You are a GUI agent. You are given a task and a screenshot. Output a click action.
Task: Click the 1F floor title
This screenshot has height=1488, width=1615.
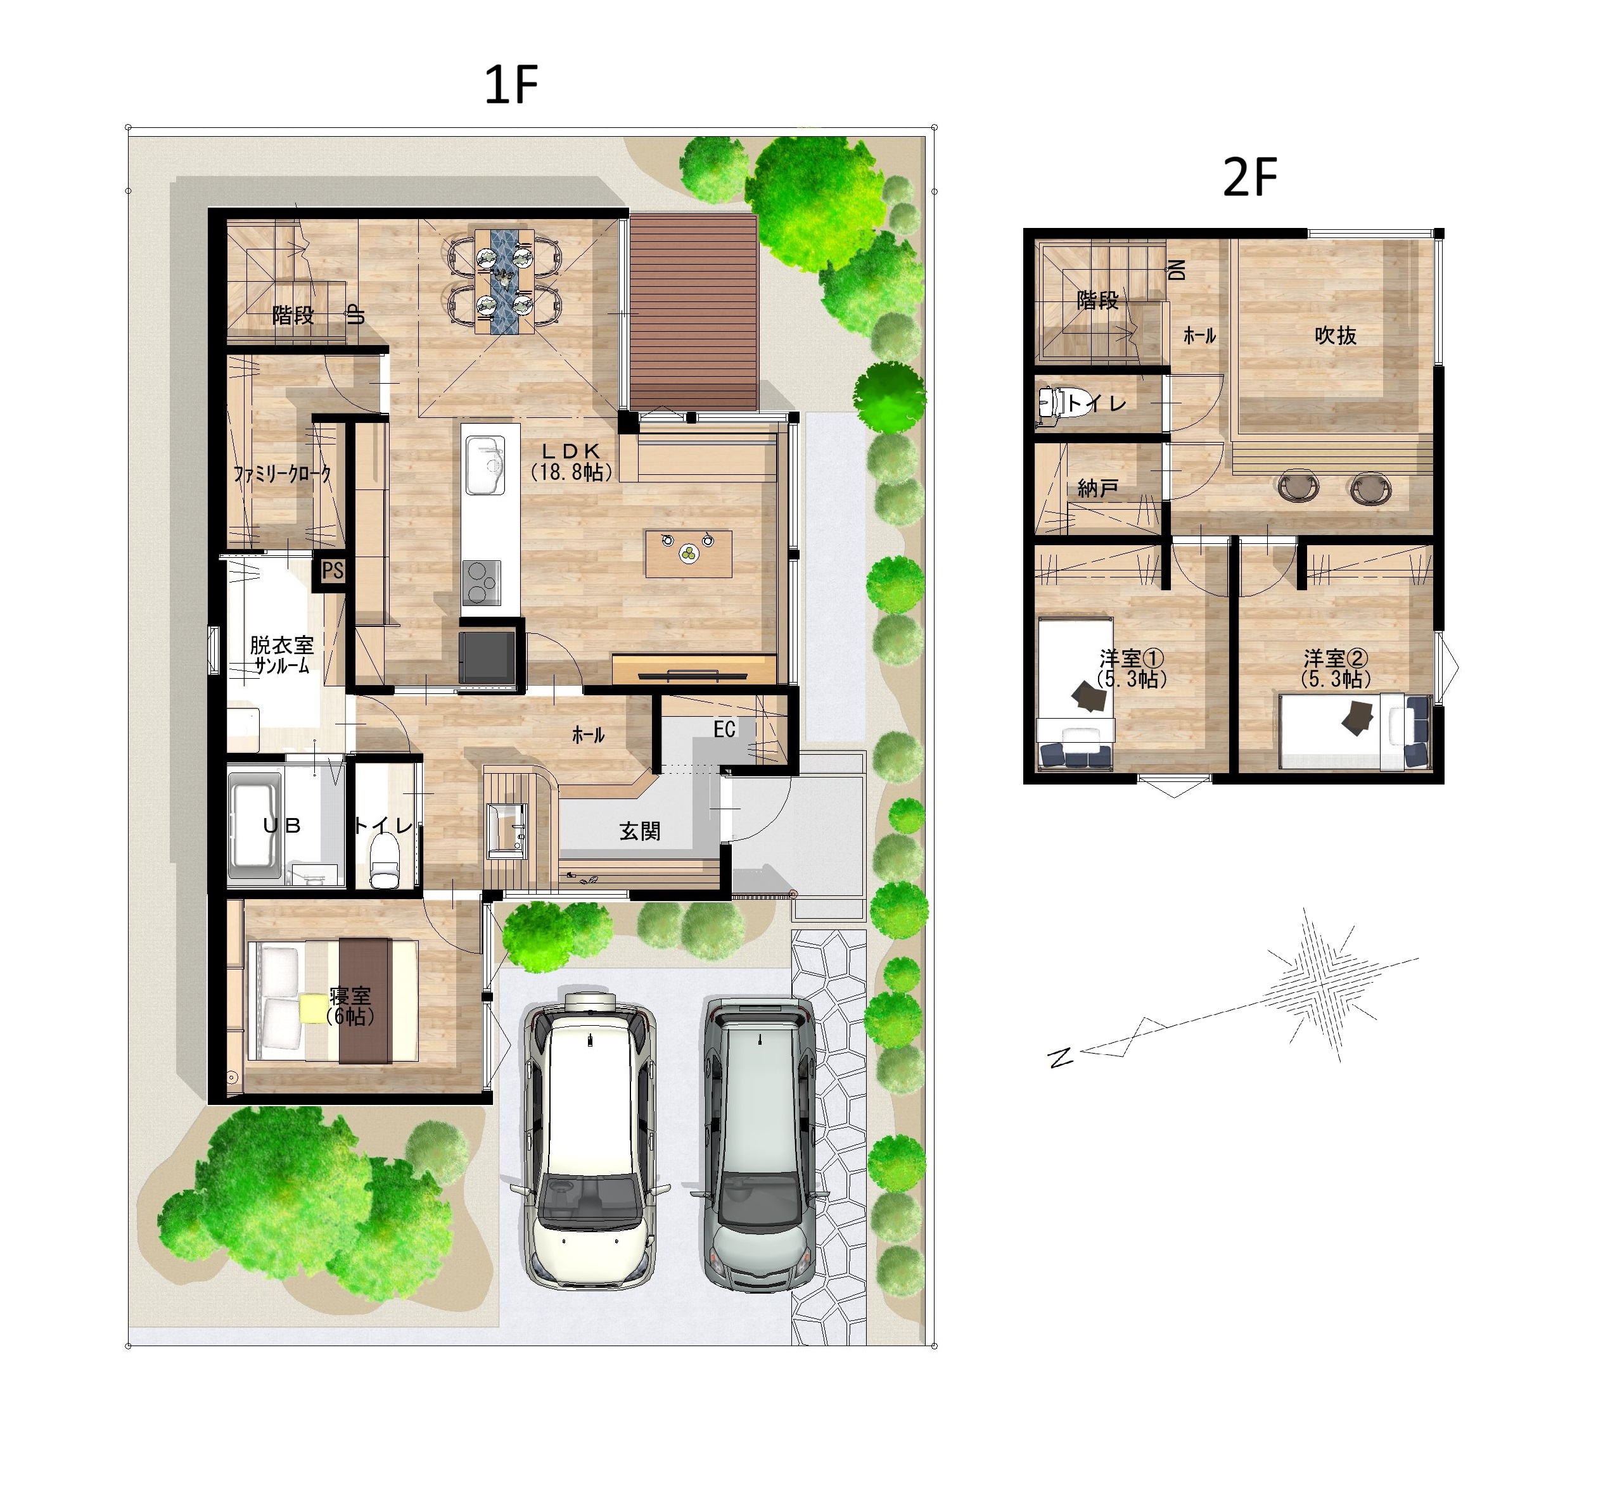click(511, 85)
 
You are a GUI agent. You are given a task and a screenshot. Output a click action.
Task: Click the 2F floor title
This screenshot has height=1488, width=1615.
click(1249, 177)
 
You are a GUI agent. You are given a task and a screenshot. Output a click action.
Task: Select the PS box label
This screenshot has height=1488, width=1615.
click(332, 571)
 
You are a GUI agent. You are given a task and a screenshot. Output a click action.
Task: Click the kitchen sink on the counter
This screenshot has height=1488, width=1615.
click(485, 465)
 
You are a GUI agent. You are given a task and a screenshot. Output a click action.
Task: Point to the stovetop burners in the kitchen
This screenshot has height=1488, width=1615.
click(481, 582)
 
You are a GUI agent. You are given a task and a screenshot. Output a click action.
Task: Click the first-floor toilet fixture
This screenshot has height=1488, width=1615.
click(384, 861)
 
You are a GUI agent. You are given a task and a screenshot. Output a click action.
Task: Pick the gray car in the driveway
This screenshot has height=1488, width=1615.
click(759, 1144)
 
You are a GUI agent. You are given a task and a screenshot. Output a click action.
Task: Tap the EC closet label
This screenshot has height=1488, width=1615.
click(724, 729)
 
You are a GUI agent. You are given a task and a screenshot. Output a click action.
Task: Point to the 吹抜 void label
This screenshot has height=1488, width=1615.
click(1335, 336)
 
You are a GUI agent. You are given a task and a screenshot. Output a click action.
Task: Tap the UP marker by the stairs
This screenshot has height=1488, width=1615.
click(356, 315)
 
